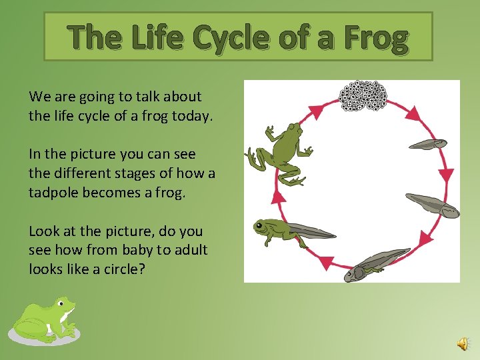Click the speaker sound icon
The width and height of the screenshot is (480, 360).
(463, 343)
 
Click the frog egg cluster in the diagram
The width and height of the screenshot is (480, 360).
(363, 97)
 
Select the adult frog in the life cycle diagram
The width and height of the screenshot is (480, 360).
(279, 153)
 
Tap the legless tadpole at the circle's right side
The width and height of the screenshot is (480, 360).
(433, 205)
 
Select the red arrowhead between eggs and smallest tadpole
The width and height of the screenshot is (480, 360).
(412, 113)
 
